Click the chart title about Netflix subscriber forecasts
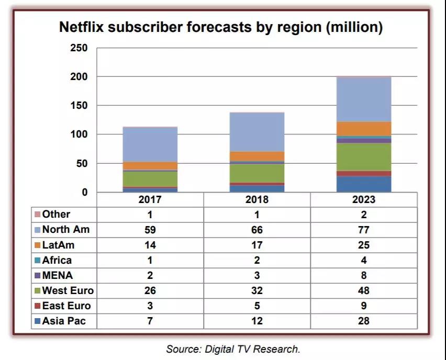[x=220, y=27]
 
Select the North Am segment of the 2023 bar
[x=364, y=99]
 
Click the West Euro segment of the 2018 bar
[x=257, y=173]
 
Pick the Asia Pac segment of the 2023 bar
[x=364, y=184]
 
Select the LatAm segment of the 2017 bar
[x=150, y=166]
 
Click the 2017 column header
[x=150, y=200]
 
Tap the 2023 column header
[x=364, y=200]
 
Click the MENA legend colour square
[x=37, y=275]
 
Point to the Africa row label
[x=57, y=260]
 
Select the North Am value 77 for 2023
[x=364, y=230]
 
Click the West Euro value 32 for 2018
[x=257, y=291]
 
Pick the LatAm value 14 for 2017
[x=150, y=245]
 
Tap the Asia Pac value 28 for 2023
[x=364, y=321]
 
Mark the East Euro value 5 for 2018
[x=257, y=306]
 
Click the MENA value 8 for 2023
[x=364, y=275]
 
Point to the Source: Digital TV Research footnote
[x=233, y=348]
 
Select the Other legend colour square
[x=37, y=215]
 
